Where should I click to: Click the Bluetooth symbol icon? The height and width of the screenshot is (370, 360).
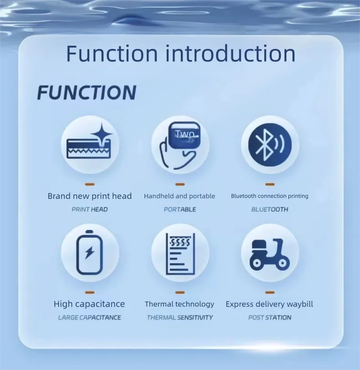[x=270, y=145]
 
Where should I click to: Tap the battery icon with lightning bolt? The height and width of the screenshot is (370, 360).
[x=90, y=252]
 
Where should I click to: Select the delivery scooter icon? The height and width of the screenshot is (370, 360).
[x=270, y=255]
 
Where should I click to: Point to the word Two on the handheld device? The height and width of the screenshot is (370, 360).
[x=185, y=134]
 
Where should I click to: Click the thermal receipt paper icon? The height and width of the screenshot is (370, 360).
[x=180, y=254]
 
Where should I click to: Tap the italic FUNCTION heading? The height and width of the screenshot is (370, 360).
[x=87, y=93]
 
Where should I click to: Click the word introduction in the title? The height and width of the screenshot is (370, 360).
[x=230, y=53]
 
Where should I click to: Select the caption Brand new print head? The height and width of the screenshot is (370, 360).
[x=90, y=196]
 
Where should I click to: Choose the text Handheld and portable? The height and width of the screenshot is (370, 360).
[x=180, y=196]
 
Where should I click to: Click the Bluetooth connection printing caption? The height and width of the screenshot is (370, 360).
[x=270, y=196]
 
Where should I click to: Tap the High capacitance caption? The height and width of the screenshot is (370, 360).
[x=89, y=304]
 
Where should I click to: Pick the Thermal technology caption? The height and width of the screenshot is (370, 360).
[x=180, y=304]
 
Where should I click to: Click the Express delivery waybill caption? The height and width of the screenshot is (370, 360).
[x=269, y=304]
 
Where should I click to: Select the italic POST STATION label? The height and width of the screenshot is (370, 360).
[x=270, y=318]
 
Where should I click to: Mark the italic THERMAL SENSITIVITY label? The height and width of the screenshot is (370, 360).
[x=180, y=318]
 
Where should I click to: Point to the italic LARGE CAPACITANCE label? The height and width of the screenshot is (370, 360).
[x=90, y=318]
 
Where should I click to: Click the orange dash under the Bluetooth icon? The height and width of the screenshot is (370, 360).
[x=270, y=184]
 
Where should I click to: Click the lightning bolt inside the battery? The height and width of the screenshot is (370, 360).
[x=90, y=252]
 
